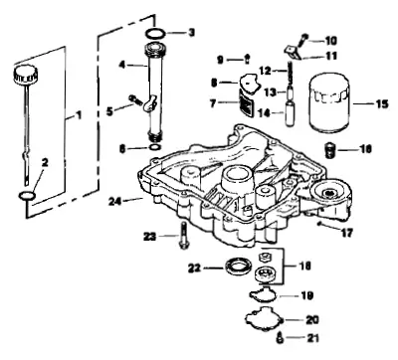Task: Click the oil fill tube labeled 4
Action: [156, 93]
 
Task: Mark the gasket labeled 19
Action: [263, 294]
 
